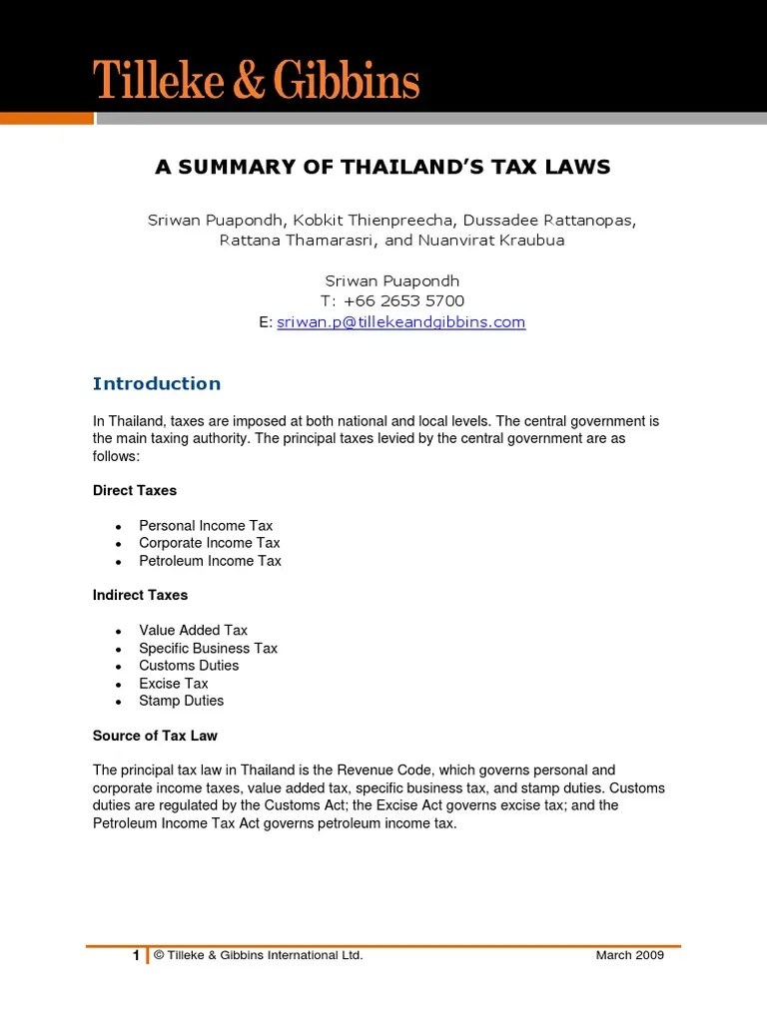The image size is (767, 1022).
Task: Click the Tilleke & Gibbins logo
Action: (257, 79)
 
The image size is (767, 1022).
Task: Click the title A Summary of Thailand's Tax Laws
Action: (383, 167)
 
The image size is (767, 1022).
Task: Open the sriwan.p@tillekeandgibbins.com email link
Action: (400, 322)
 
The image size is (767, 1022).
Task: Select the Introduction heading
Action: (157, 384)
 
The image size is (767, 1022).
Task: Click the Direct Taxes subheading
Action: (135, 490)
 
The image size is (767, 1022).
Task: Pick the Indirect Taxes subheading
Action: (140, 595)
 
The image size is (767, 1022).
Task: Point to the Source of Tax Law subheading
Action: (155, 736)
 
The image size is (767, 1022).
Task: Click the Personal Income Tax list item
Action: (206, 526)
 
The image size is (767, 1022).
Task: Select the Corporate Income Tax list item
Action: (210, 543)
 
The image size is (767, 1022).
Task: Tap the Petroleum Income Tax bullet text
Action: (210, 561)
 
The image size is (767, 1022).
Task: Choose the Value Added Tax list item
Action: (193, 630)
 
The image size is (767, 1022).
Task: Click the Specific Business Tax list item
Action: (208, 648)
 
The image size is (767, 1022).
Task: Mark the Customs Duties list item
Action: (189, 666)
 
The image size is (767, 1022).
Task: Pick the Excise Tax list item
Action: (174, 684)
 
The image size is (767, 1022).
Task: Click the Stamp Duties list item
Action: (181, 701)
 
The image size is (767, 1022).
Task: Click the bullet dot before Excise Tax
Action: (118, 685)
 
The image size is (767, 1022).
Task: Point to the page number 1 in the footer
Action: (137, 956)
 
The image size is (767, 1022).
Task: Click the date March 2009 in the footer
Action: (629, 956)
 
